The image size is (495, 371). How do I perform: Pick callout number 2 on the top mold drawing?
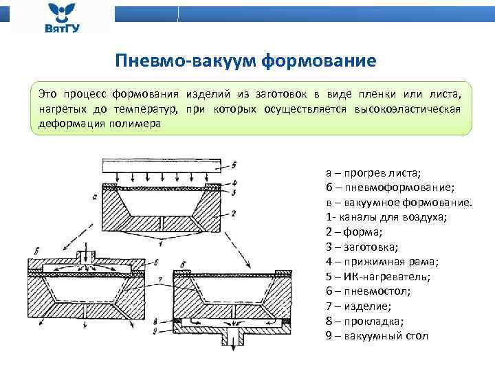(x=233, y=214)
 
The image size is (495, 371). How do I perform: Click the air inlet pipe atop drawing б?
(x=86, y=255)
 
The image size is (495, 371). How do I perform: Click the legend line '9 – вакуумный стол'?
(x=377, y=336)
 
